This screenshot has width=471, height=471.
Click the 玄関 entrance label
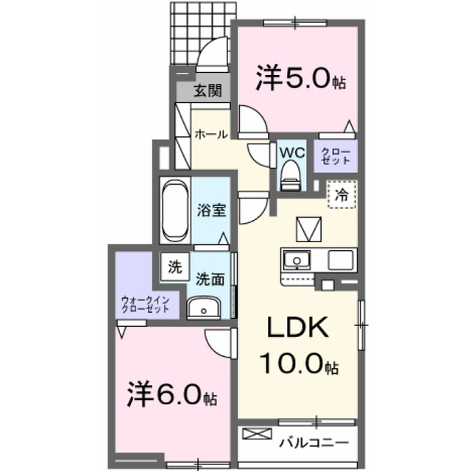tap(208, 91)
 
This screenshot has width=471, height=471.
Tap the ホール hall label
tap(211, 134)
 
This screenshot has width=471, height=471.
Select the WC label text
tap(292, 152)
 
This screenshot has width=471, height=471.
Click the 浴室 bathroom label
tap(211, 210)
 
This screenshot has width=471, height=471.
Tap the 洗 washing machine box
tap(175, 267)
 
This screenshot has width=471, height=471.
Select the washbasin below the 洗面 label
tap(203, 307)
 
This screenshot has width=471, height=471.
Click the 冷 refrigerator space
tap(341, 194)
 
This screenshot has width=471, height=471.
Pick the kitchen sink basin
tap(297, 260)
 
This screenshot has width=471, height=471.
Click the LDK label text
tap(297, 327)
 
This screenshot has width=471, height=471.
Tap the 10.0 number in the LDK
tap(292, 364)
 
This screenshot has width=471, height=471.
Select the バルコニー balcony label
tap(314, 442)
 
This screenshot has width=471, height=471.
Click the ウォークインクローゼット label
tap(146, 305)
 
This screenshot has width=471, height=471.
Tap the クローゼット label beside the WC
tap(336, 156)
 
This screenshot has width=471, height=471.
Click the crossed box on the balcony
tap(257, 433)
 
